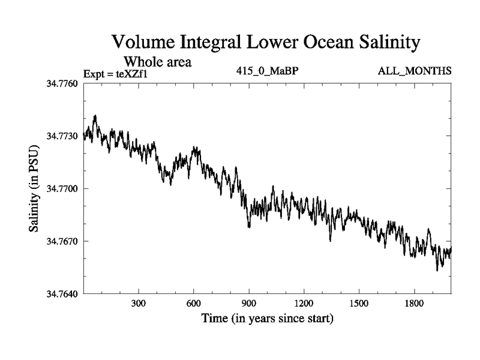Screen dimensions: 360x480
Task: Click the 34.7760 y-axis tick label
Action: click(x=62, y=83)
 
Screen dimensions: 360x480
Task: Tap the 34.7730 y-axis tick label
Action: click(x=62, y=136)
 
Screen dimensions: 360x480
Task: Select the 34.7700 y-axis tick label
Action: click(x=62, y=189)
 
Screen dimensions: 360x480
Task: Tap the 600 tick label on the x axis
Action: click(x=193, y=304)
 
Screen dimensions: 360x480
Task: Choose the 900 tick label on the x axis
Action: click(x=248, y=304)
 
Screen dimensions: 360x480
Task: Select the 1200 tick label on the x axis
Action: click(x=304, y=304)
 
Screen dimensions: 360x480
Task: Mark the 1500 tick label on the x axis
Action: click(x=359, y=304)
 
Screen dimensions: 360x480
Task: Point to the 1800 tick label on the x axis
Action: click(x=414, y=304)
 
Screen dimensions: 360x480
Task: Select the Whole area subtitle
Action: click(x=157, y=61)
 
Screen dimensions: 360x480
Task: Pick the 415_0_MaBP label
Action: click(x=268, y=71)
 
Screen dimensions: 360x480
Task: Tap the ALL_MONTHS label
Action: click(x=415, y=71)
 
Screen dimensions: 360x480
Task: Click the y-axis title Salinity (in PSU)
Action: click(x=35, y=190)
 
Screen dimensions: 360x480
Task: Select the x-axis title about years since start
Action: click(x=267, y=318)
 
